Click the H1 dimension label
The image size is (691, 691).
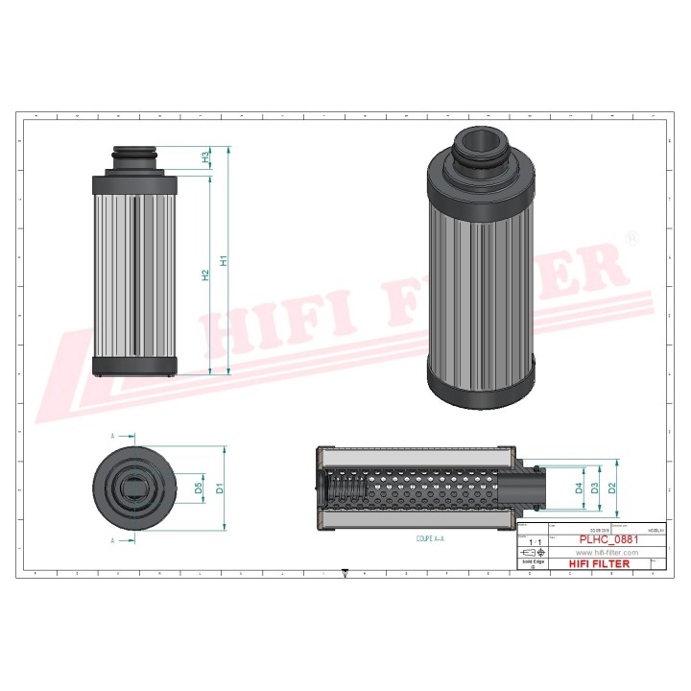(224, 260)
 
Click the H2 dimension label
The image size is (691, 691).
(205, 275)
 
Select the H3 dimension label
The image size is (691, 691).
(205, 156)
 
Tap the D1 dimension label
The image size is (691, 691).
(220, 488)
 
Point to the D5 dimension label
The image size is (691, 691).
(199, 488)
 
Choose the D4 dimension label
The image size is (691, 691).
(579, 488)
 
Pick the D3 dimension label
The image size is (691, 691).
(596, 488)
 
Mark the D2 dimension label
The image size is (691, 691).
(612, 488)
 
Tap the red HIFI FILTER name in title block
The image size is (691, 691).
(600, 564)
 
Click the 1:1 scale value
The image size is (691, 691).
(535, 543)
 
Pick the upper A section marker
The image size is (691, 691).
(112, 436)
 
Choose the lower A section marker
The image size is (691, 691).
(112, 540)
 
